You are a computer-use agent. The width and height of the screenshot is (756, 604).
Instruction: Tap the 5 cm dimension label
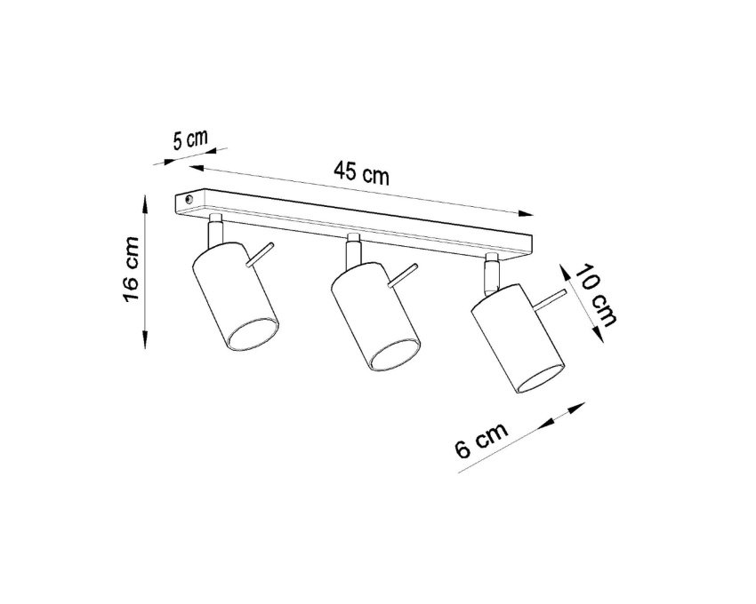click(x=190, y=139)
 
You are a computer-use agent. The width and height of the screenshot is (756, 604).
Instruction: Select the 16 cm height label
click(x=131, y=270)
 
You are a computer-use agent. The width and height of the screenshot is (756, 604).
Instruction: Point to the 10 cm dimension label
click(x=595, y=294)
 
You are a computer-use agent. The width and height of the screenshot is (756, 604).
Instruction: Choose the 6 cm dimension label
click(x=481, y=441)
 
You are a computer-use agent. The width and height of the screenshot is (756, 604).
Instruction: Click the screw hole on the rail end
click(x=189, y=198)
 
